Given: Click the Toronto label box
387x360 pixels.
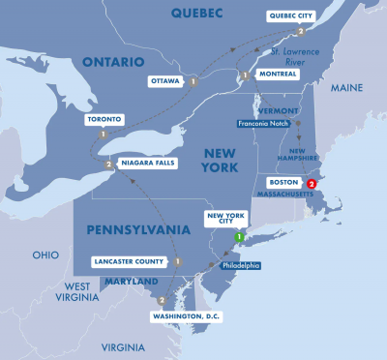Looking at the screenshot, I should coord(103,120).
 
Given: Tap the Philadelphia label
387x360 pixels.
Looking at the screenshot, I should coord(237,265).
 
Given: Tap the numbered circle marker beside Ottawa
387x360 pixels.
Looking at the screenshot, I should coord(193,81).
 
